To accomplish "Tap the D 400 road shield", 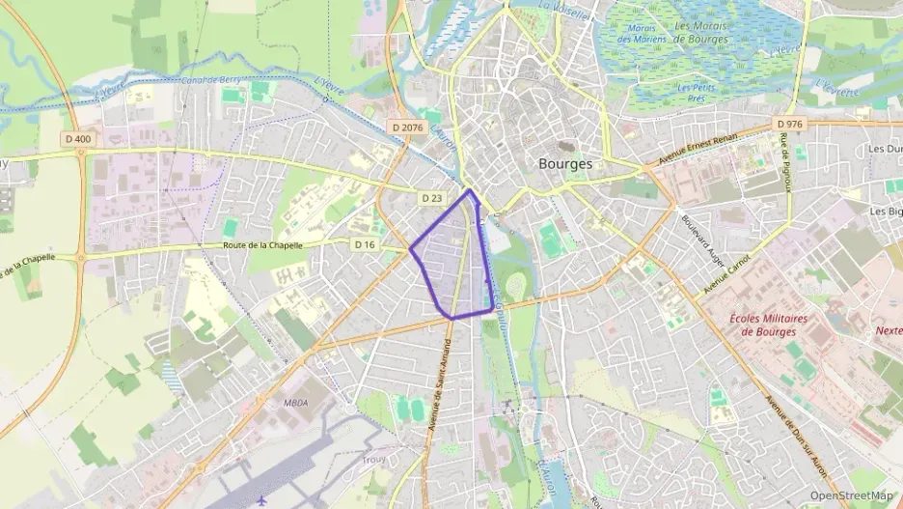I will [78, 139].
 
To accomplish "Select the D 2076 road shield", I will [407, 127].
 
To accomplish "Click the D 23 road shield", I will [431, 198].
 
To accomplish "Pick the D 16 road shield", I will [364, 245].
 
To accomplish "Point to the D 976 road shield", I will [788, 125].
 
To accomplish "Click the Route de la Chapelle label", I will [262, 246].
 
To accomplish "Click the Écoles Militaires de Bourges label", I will [770, 325].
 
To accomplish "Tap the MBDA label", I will [295, 403].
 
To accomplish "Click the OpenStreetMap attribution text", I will [851, 496].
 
